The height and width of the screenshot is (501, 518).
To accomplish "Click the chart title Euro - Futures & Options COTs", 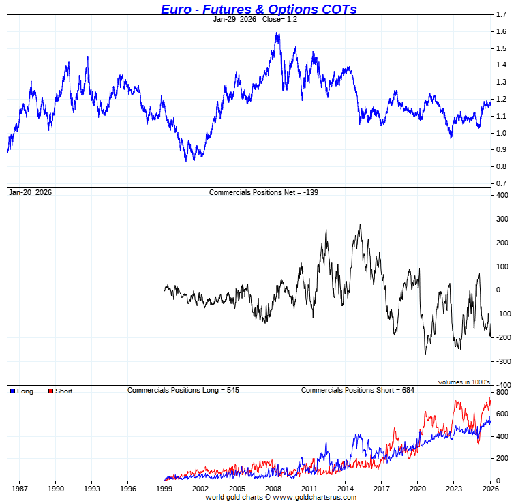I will tap(258, 9).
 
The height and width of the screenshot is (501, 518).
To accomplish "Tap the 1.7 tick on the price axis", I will tap(501, 14).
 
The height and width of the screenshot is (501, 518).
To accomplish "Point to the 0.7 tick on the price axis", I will tap(501, 184).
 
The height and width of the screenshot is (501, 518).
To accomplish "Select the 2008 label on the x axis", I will tap(273, 489).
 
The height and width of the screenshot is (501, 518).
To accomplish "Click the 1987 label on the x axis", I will tap(19, 489).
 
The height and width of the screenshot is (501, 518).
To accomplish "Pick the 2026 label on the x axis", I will tap(489, 489).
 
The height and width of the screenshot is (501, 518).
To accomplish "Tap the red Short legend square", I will tap(50, 391).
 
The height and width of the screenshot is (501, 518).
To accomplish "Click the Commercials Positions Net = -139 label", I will tap(263, 193).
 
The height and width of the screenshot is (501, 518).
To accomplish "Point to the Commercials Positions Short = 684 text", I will tap(357, 390).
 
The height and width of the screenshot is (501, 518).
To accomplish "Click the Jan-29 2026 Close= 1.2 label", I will tap(255, 20).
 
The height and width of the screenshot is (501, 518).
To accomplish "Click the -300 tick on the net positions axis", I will tap(502, 361).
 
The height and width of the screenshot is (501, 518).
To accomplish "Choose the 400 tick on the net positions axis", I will tap(502, 195).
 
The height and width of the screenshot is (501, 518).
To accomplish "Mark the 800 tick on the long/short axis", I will tap(502, 393).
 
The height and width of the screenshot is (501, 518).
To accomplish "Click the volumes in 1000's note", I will tap(463, 382).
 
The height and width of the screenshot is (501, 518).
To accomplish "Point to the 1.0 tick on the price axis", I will tap(501, 133).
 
